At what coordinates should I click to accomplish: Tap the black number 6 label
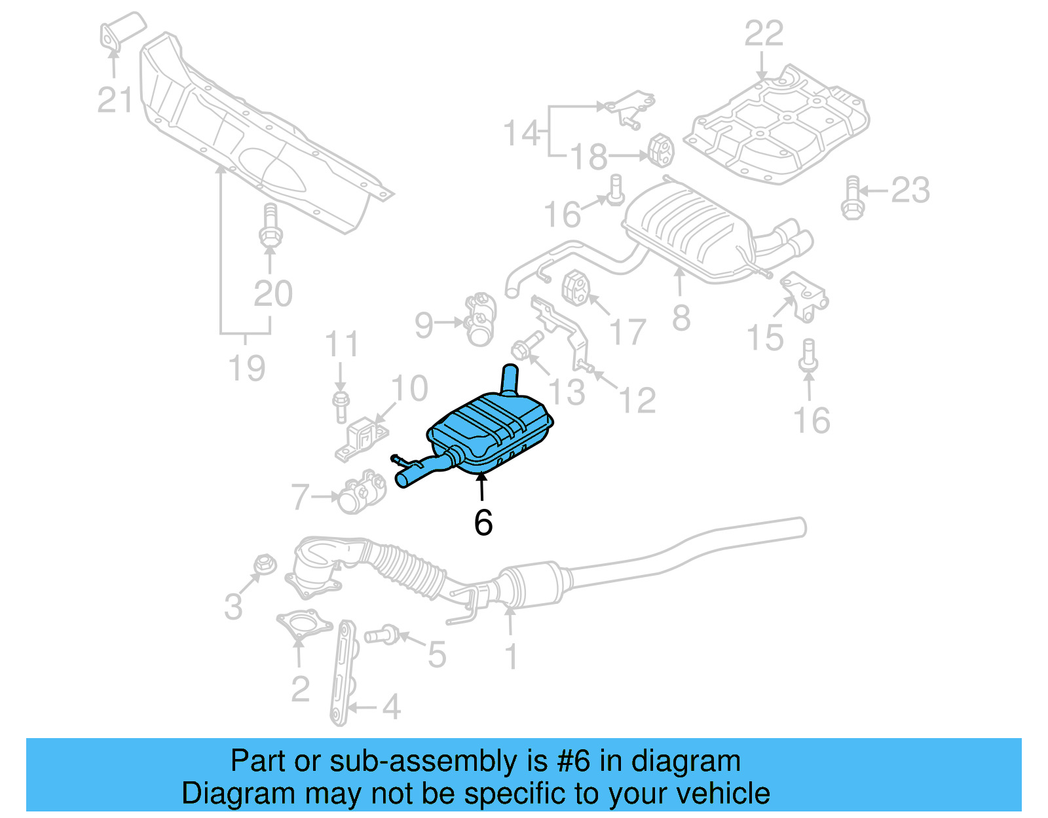[x=483, y=522]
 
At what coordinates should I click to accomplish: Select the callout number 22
[x=763, y=33]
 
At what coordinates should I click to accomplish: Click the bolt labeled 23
[x=851, y=198]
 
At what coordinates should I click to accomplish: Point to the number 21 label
[x=115, y=100]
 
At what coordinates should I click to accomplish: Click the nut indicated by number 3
[x=265, y=564]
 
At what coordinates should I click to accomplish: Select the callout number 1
[x=511, y=656]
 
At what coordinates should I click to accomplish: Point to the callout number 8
[x=681, y=318]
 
